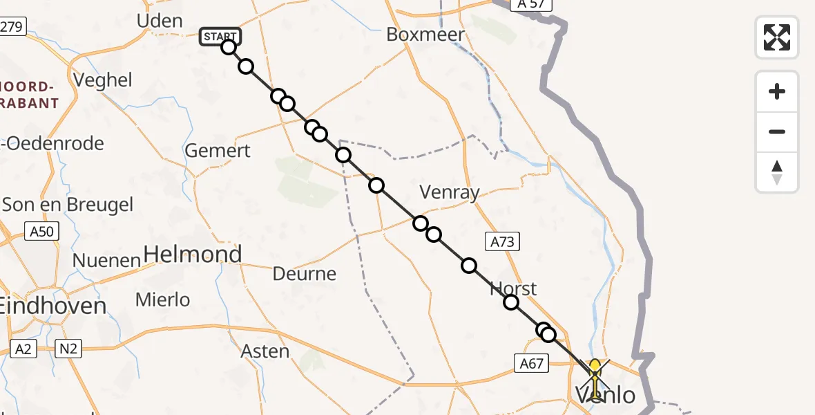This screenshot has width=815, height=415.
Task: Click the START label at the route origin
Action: coord(220,36)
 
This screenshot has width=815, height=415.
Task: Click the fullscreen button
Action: coord(777,37)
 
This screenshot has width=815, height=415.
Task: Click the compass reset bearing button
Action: coord(777,172)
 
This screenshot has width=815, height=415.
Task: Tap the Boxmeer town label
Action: coord(425,34)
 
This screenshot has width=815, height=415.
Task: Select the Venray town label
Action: coord(450,192)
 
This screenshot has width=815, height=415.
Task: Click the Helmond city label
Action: coord(193,255)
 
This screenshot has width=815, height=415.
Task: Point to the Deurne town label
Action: coord(305,274)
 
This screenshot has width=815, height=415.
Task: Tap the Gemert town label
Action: coord(218,150)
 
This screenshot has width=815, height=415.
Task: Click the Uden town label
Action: coord(160,21)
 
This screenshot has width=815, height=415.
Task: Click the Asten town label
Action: coord(265,351)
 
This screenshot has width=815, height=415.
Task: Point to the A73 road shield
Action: coord(502,241)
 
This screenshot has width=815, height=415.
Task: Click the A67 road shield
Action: coord(530,362)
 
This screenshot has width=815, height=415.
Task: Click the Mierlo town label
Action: coord(162,299)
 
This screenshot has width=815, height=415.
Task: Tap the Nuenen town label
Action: coord(107,261)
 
